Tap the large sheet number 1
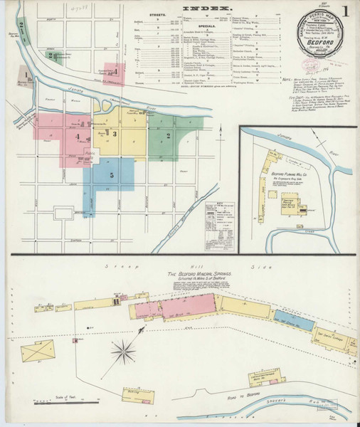tap(344, 12)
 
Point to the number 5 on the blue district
tap(111, 174)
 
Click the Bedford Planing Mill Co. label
tap(293, 172)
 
